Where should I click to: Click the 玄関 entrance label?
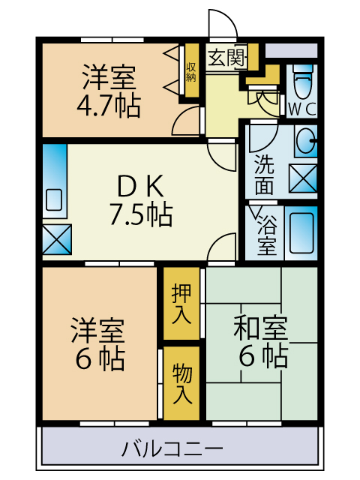point(226,58)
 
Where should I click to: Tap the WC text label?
point(302,109)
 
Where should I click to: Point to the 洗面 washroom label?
point(264,172)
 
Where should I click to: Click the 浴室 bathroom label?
point(267,234)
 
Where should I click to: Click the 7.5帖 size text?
point(140,215)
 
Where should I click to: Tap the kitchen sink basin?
point(54,199)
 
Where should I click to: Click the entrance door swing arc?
point(223,22)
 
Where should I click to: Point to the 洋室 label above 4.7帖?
point(109,76)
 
